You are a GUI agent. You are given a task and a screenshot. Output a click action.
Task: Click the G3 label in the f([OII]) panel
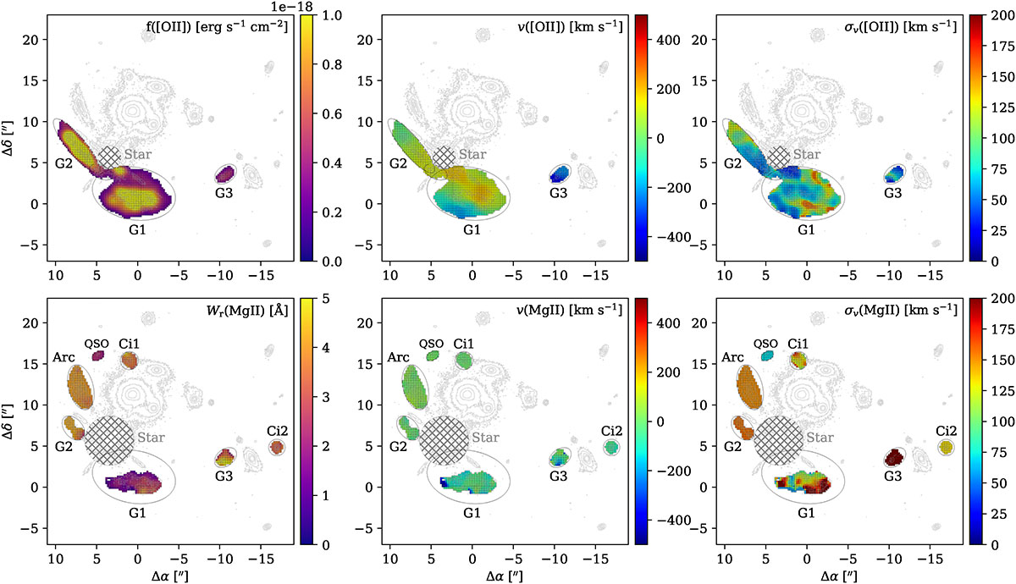[x=224, y=193]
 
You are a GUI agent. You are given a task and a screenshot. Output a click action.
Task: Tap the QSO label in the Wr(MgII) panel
[x=97, y=344]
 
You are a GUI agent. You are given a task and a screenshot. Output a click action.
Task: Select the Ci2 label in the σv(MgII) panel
[x=947, y=431]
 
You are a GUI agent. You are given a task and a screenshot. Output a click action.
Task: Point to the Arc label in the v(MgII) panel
[x=398, y=357]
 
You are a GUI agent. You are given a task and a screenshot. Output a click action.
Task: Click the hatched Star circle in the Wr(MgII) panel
[x=109, y=440]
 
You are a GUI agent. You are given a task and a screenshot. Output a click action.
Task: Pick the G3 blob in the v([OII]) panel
[x=559, y=174]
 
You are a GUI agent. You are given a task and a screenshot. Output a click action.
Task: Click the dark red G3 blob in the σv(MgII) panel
[x=894, y=457]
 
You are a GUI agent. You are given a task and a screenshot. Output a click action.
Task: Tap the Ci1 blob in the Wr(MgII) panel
[x=130, y=361]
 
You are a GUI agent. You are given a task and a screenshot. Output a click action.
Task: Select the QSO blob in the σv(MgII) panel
[x=767, y=355]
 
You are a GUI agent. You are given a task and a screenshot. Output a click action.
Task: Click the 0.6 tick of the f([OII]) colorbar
[x=332, y=113]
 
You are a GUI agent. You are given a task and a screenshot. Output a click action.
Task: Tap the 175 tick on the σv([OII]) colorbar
[x=1002, y=47]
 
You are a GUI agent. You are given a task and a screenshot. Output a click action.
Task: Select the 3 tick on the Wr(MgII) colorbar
[x=325, y=397]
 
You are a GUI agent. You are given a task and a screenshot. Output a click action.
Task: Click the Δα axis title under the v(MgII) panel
[x=505, y=576]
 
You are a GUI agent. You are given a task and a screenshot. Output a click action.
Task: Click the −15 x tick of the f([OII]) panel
[x=262, y=275]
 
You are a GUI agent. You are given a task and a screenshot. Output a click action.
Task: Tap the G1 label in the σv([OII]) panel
[x=806, y=230]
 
